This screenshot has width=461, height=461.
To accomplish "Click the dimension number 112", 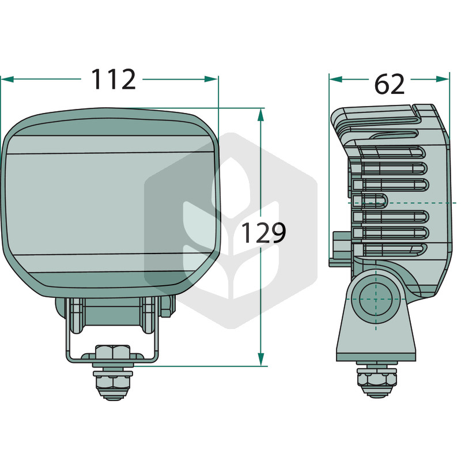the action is tap(114, 79).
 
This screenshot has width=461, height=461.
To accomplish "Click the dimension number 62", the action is tap(390, 84).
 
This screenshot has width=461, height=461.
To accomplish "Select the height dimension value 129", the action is tap(263, 233).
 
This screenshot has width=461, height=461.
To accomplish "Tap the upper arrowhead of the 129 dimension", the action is tap(260, 115).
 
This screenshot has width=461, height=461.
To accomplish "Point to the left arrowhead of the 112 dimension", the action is tap(7, 79).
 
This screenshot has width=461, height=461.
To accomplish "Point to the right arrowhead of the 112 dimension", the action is tap(211, 79).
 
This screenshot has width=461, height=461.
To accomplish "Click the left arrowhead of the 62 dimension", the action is tap(336, 79).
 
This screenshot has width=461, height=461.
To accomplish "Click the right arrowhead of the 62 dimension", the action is tap(443, 79).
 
